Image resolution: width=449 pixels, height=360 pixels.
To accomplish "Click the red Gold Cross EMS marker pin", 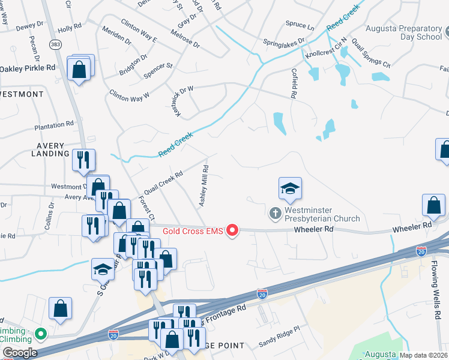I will pyautogui.click(x=232, y=230).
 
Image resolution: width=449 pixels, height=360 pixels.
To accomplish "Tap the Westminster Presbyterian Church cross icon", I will pyautogui.click(x=275, y=213).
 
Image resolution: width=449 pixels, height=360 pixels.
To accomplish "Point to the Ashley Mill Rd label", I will pyautogui.click(x=205, y=186).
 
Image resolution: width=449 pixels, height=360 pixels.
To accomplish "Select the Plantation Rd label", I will pyautogui.click(x=53, y=125).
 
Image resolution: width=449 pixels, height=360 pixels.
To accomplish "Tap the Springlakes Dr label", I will pyautogui.click(x=284, y=42).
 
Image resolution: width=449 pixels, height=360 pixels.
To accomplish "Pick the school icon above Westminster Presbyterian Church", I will pyautogui.click(x=290, y=188).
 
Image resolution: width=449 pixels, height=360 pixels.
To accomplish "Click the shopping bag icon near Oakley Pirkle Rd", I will pyautogui.click(x=79, y=70).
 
